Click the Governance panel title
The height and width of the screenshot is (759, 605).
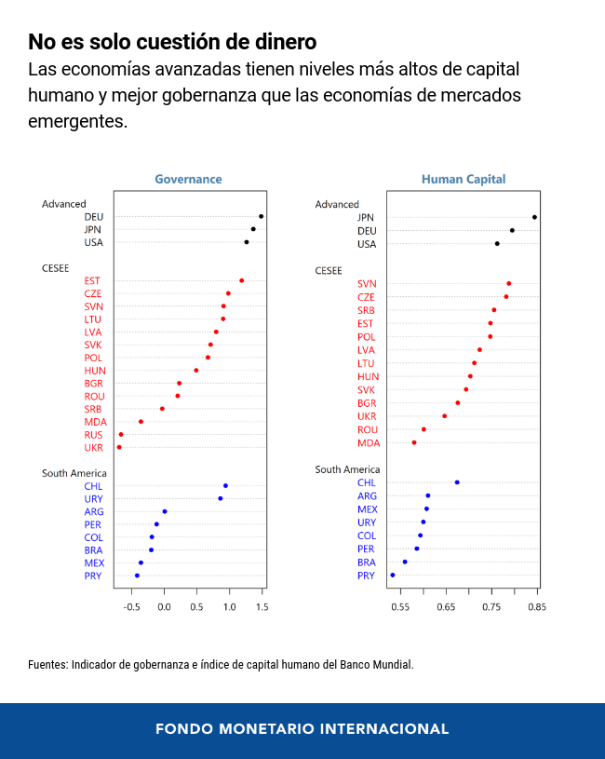click(x=188, y=179)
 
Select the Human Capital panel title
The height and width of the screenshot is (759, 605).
click(x=464, y=179)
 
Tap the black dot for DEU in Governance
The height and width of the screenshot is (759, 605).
click(x=261, y=216)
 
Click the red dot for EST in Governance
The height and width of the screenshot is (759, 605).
click(x=241, y=280)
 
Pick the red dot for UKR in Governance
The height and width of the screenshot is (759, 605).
click(x=119, y=447)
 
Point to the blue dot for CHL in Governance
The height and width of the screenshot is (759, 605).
click(x=225, y=485)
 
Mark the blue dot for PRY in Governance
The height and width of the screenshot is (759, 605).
click(x=137, y=576)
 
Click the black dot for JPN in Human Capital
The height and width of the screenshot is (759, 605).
click(x=534, y=217)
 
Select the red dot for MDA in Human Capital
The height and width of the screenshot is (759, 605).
click(x=414, y=442)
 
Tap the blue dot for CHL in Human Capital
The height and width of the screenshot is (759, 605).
click(x=457, y=482)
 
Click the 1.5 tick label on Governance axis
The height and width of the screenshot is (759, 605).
click(x=262, y=607)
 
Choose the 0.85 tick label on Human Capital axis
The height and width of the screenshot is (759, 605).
click(x=537, y=607)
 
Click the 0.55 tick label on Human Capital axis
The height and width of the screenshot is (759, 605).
click(x=400, y=607)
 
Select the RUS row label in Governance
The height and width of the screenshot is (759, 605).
click(x=93, y=435)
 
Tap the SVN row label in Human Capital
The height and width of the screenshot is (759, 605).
click(x=367, y=284)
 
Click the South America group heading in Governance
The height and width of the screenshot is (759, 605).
click(x=74, y=473)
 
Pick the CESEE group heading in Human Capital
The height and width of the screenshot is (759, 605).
click(x=329, y=270)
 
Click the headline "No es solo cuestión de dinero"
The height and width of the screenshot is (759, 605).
click(x=172, y=42)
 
